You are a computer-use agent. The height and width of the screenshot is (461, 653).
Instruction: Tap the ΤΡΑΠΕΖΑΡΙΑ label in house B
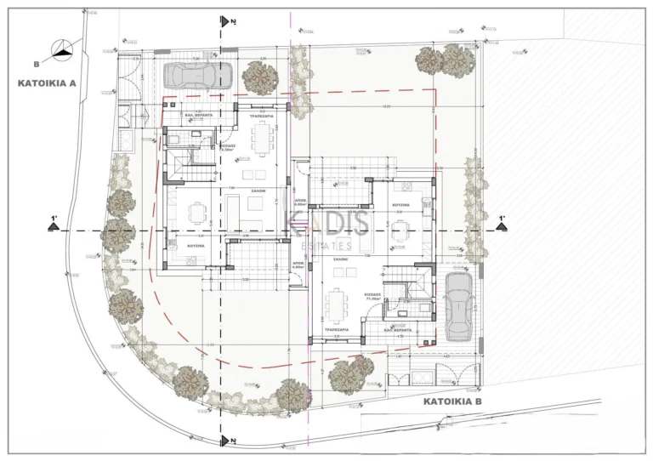344,326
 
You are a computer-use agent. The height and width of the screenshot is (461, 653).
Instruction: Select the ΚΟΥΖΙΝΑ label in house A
199,244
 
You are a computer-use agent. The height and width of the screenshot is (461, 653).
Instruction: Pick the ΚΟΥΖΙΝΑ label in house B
401,205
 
